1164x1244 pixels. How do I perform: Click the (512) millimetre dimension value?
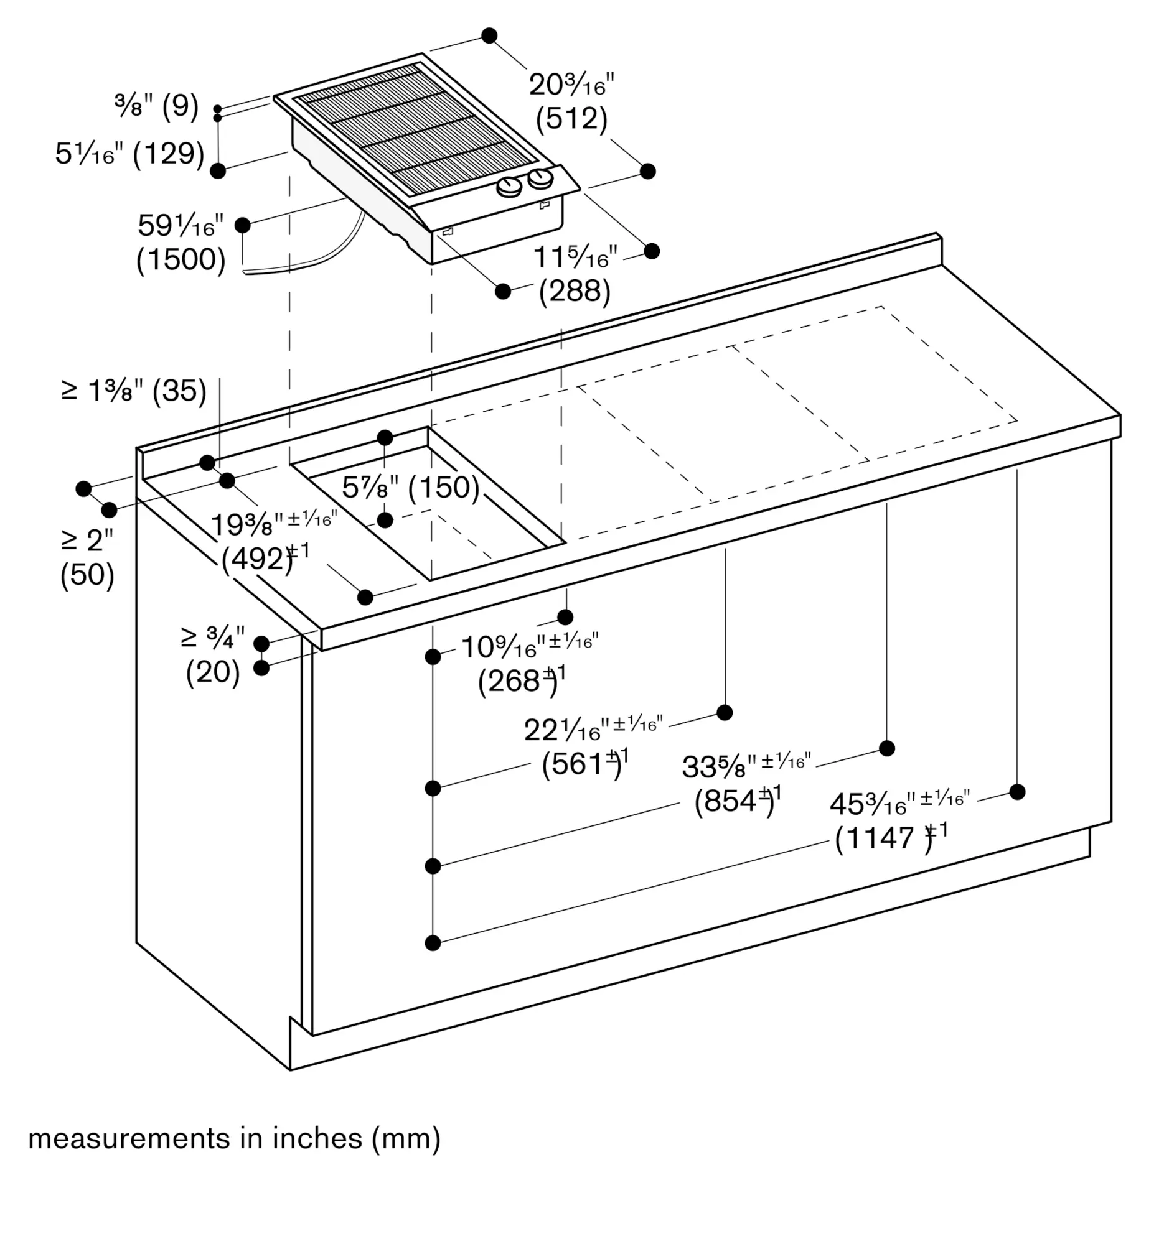571,119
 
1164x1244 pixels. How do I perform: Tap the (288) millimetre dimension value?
574,292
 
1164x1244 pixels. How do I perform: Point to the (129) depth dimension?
169,154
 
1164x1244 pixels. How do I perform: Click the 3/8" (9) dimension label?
156,107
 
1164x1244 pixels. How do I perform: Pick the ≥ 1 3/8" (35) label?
134,391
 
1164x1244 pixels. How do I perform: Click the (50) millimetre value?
87,575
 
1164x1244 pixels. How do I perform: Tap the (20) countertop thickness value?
213,672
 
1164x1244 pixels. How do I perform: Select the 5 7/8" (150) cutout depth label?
410,488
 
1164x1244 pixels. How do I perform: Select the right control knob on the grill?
540,179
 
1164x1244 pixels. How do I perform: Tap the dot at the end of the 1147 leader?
1017,792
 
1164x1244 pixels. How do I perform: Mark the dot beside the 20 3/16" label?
490,35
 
